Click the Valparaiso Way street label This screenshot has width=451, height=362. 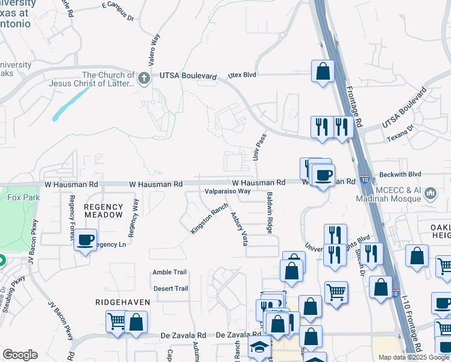point(227,191)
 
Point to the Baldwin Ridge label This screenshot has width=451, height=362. point(270,213)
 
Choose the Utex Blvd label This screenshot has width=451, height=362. point(242,75)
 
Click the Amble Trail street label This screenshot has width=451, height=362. point(170,272)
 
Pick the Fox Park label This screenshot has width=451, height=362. point(22,196)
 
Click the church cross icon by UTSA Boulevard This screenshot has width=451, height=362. point(143,78)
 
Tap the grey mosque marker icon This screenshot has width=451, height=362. point(430,194)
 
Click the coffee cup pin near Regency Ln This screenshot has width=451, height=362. point(86,240)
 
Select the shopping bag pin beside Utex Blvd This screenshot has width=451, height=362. point(323,71)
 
